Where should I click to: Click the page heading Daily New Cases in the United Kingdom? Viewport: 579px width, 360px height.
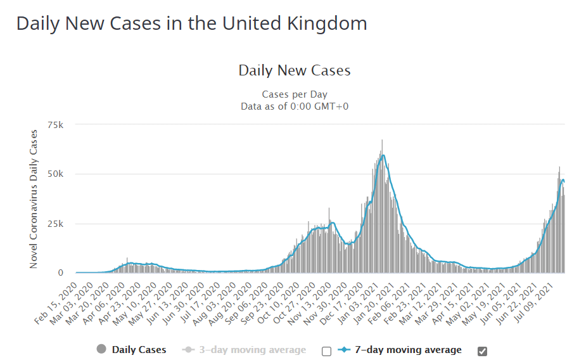coord(191,23)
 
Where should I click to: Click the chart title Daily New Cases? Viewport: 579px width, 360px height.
coord(295,70)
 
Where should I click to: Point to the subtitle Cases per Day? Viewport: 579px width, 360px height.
coord(295,94)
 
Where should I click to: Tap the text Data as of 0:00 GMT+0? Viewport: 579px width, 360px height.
coord(295,106)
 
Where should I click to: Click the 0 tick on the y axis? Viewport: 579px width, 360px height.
coord(61,273)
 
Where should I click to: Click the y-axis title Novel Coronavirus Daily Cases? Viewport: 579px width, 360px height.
coord(34,198)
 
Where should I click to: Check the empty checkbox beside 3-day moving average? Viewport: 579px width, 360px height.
coord(326,351)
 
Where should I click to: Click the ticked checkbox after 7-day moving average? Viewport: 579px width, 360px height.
coord(482,351)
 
